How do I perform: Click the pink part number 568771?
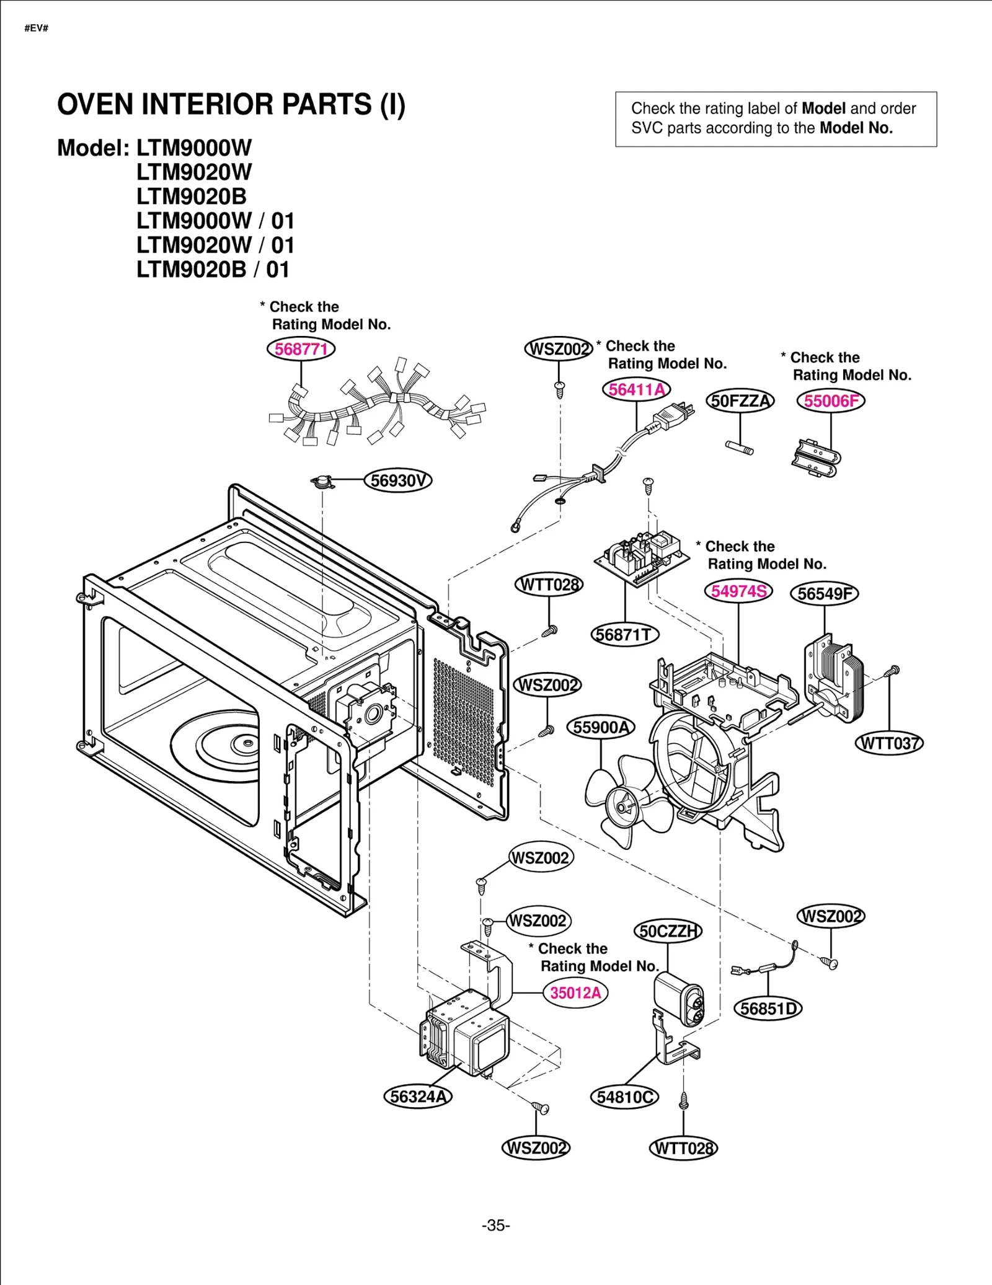[301, 349]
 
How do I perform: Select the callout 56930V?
[397, 480]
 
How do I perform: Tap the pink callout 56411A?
[637, 389]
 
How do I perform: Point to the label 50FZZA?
[740, 401]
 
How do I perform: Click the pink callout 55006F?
[831, 401]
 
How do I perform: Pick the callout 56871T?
[624, 635]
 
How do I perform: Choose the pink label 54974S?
[738, 591]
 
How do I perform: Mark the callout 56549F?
[824, 594]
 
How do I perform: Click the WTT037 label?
[889, 743]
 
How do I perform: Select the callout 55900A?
[601, 727]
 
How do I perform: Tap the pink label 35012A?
[575, 993]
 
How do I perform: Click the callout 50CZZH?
[668, 931]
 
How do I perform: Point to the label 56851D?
[768, 1009]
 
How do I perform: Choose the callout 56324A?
[418, 1097]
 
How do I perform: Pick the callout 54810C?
[624, 1097]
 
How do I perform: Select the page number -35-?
[495, 1225]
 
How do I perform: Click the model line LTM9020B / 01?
[213, 270]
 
